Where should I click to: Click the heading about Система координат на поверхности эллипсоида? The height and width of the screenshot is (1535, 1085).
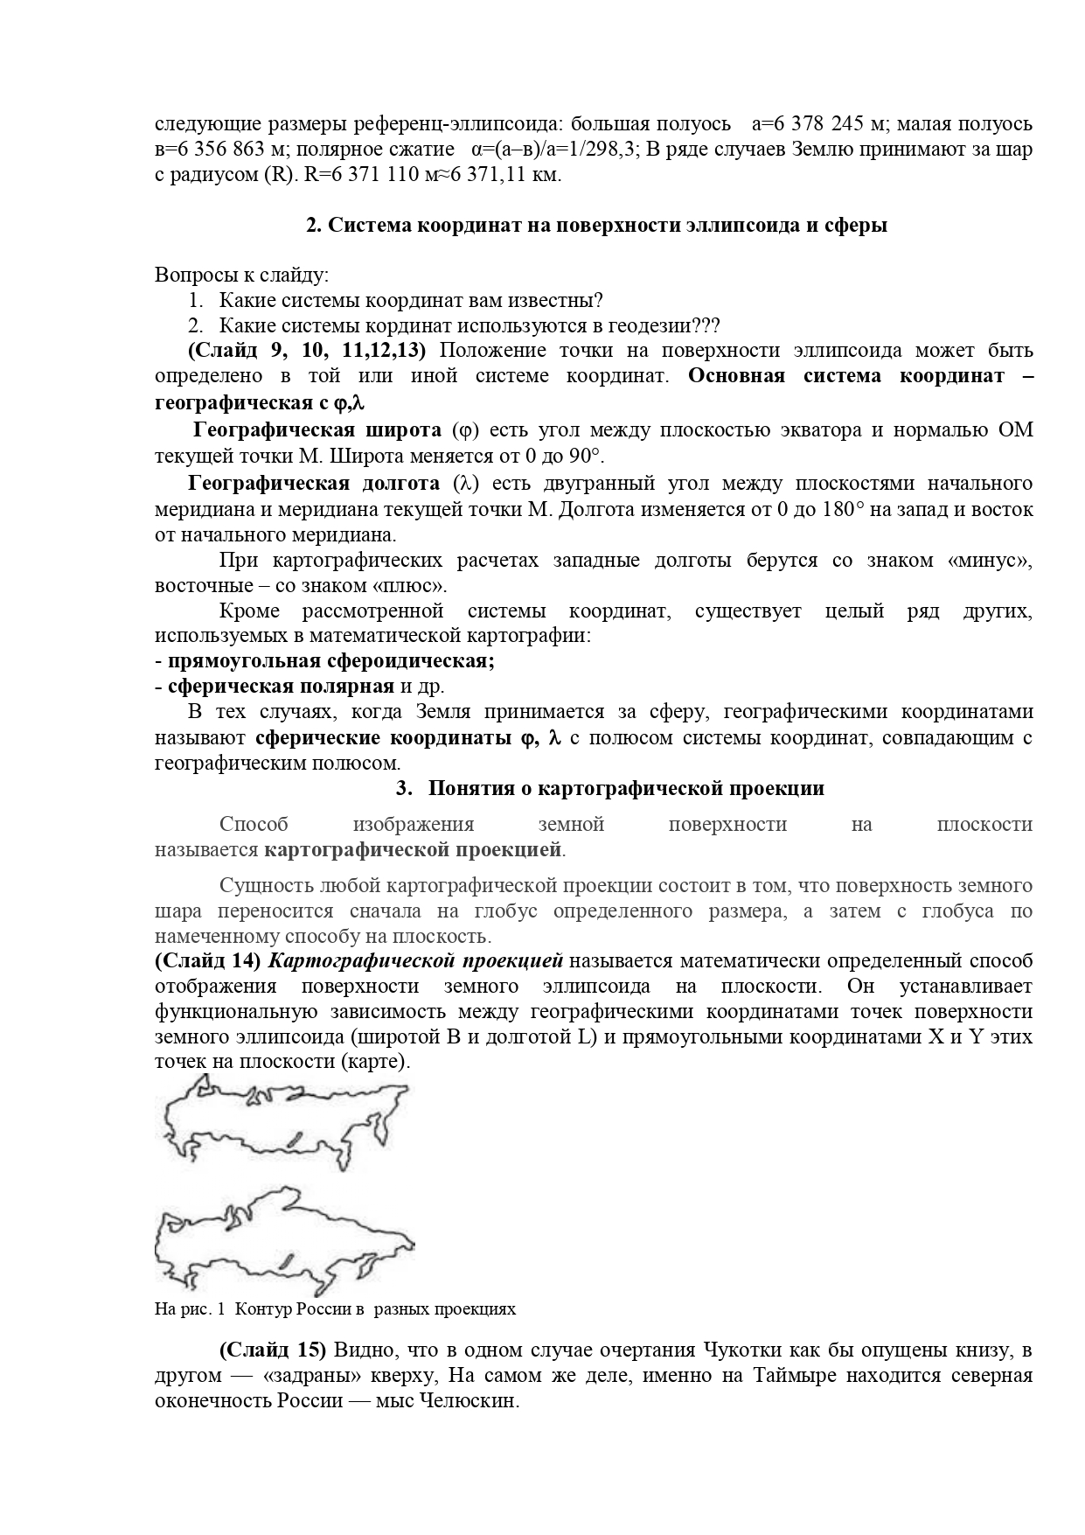(x=596, y=225)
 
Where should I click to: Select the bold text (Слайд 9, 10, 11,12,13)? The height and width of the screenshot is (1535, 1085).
(x=307, y=352)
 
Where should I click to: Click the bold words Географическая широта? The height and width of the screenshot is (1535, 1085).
(x=317, y=430)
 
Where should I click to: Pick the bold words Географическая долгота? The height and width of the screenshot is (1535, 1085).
(x=313, y=484)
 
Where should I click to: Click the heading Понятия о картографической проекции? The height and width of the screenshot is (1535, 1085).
(x=625, y=788)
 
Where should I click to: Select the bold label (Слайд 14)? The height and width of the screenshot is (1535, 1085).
(x=208, y=961)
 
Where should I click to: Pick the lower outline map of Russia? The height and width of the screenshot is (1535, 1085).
(x=284, y=1238)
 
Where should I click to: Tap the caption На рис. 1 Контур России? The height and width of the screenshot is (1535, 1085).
(x=335, y=1309)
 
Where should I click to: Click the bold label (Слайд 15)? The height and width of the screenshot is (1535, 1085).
(x=272, y=1350)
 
